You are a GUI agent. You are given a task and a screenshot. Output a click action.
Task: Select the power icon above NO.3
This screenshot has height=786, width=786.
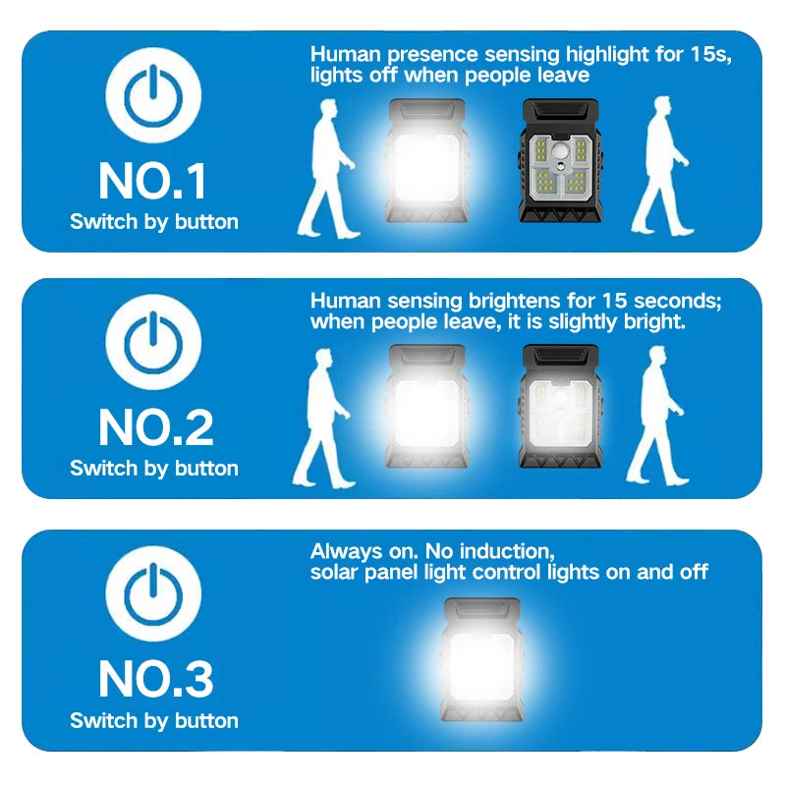[x=153, y=595]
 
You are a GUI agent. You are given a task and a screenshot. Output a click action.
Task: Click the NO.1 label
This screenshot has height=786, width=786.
[x=153, y=182]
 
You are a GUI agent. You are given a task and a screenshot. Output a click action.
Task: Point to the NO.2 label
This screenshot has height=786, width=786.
[x=154, y=428]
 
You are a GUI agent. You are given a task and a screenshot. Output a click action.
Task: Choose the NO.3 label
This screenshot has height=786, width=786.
[x=154, y=678]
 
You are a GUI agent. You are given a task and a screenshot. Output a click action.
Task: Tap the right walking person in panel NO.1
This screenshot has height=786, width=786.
[x=664, y=167]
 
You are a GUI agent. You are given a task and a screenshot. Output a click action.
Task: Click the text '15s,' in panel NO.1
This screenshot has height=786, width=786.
[x=706, y=55]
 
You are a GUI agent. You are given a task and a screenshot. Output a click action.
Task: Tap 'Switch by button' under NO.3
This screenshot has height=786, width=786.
[x=154, y=720]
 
